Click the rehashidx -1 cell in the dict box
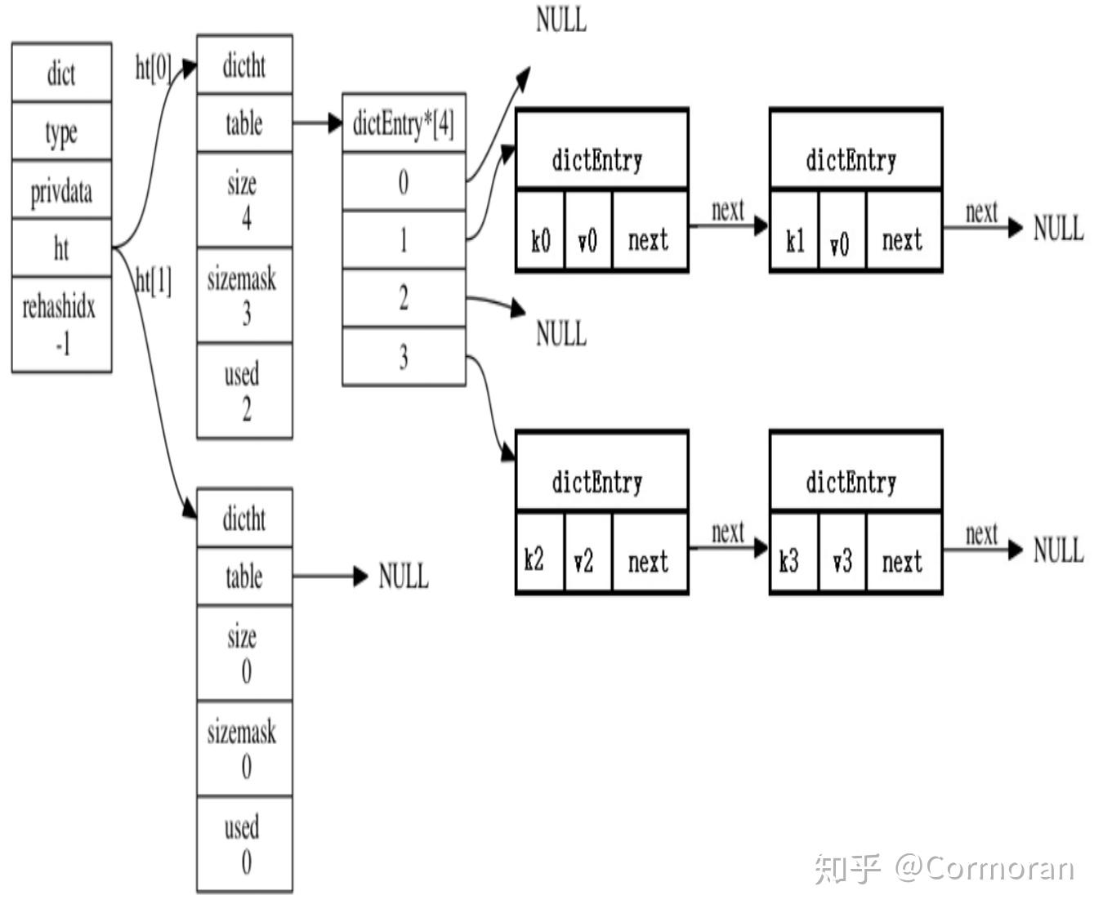[61, 324]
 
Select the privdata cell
[61, 190]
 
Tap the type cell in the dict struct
[61, 131]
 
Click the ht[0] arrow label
[153, 68]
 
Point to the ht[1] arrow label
[154, 281]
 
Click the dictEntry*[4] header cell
[404, 123]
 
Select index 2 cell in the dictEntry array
[404, 298]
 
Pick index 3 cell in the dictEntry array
[404, 356]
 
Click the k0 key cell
[540, 240]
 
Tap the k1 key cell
[794, 240]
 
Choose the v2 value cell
[587, 561]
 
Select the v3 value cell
[842, 561]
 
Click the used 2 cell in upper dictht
[244, 391]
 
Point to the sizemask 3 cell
[244, 296]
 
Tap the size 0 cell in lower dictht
[244, 653]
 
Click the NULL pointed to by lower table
[403, 577]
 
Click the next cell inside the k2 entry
[649, 561]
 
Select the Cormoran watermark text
[985, 867]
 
